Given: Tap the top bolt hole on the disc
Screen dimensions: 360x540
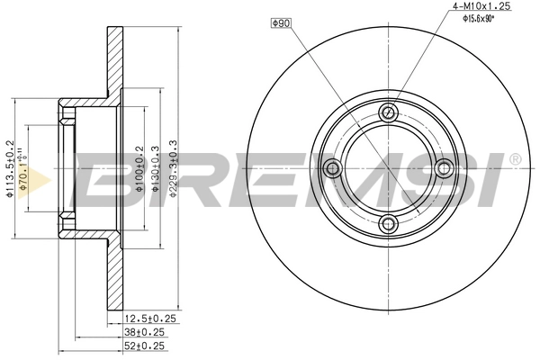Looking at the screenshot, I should [x=389, y=112].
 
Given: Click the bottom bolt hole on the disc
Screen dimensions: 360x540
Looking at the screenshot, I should [x=389, y=223].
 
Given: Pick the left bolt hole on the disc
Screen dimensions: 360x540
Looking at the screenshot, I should [x=333, y=167].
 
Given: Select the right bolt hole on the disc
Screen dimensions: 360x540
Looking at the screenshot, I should [x=444, y=167].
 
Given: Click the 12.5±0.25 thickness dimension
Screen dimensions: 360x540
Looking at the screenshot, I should [x=148, y=318].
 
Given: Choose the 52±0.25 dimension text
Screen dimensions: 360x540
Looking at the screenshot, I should [x=145, y=345].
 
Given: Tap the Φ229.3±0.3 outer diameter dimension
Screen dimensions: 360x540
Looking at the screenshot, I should [x=174, y=167].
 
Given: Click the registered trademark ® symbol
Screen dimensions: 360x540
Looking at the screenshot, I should [x=514, y=160].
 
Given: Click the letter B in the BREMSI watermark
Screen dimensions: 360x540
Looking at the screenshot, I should [x=117, y=180].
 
